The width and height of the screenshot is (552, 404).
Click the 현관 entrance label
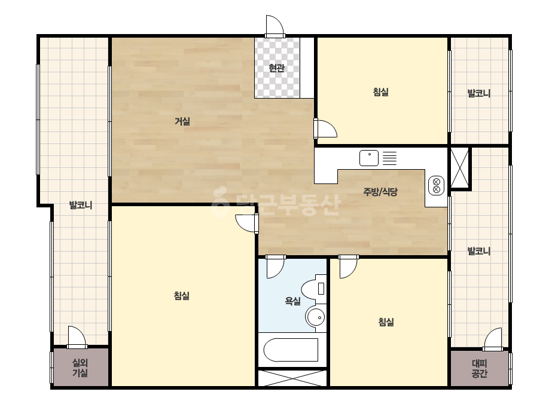(x=276, y=68)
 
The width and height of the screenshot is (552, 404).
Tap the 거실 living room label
(x=182, y=121)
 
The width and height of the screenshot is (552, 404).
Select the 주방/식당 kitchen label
(x=380, y=192)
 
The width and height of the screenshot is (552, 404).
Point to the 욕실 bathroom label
(x=293, y=301)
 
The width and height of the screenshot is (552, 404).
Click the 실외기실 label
(x=80, y=368)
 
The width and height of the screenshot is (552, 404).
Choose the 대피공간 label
(x=479, y=368)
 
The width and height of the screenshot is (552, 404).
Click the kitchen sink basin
(x=369, y=158)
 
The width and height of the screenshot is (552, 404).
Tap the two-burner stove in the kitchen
(x=436, y=185)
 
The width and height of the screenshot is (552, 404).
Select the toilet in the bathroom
(x=314, y=289)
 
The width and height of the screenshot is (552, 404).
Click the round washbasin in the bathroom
(x=315, y=317)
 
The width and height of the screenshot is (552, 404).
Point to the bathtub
(x=291, y=350)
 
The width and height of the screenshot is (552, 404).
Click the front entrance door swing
(x=275, y=26)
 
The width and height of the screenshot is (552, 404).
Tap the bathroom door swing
(x=275, y=267)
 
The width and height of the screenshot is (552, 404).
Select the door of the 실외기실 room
(x=77, y=337)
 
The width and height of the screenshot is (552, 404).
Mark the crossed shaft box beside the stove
(x=460, y=168)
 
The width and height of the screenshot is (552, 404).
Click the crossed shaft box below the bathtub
(x=292, y=378)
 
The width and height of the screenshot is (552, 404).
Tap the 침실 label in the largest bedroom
(x=182, y=296)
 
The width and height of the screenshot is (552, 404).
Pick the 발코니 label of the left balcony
(x=81, y=205)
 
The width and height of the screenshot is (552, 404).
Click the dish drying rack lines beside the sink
(x=389, y=158)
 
